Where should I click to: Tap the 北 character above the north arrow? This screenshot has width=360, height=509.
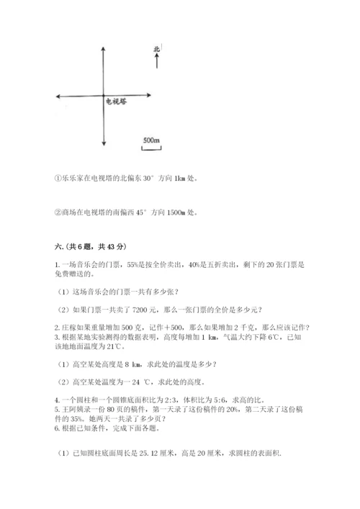pos(156,49)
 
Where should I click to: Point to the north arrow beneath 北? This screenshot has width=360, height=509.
pos(156,61)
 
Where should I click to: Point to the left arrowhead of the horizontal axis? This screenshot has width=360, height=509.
pos(58,96)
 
